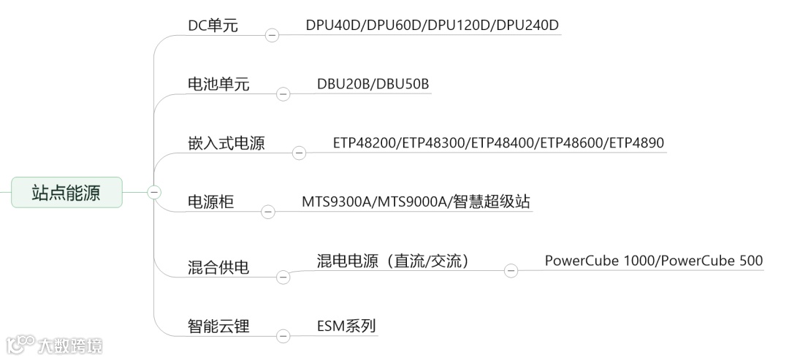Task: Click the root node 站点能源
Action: point(66,192)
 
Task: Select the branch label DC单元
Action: point(213,26)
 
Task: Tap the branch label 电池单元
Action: point(218,85)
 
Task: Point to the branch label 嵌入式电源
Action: point(226,143)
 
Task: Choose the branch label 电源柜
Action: point(211,202)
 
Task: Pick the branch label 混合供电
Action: point(218,267)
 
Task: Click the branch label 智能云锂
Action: point(218,326)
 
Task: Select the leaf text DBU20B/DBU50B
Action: point(373,84)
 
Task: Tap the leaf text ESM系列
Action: point(346,326)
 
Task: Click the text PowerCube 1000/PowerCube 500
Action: point(653,261)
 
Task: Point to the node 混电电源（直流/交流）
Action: point(392,261)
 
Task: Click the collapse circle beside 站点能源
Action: point(154,192)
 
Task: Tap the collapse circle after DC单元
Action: point(272,35)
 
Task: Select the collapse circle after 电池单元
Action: point(283,93)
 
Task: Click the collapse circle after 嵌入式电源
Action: point(299,152)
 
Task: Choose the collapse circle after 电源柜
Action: point(268,211)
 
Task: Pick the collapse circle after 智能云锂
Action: point(283,335)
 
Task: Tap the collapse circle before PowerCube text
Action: point(511,270)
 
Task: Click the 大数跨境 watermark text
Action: point(70,345)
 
